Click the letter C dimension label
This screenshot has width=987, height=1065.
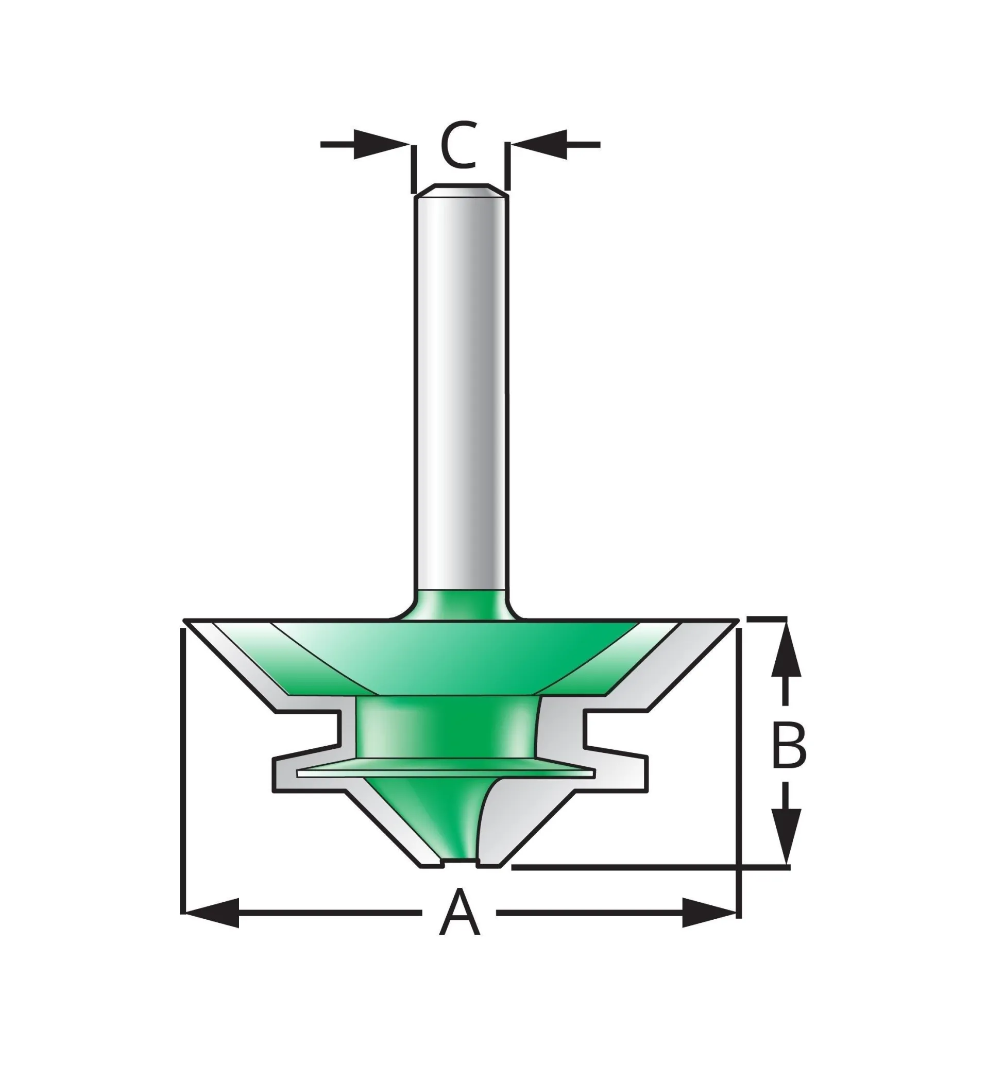(458, 145)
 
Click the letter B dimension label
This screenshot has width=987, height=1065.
(789, 746)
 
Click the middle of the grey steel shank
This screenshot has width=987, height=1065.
(461, 395)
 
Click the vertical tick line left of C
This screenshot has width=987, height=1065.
(413, 169)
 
